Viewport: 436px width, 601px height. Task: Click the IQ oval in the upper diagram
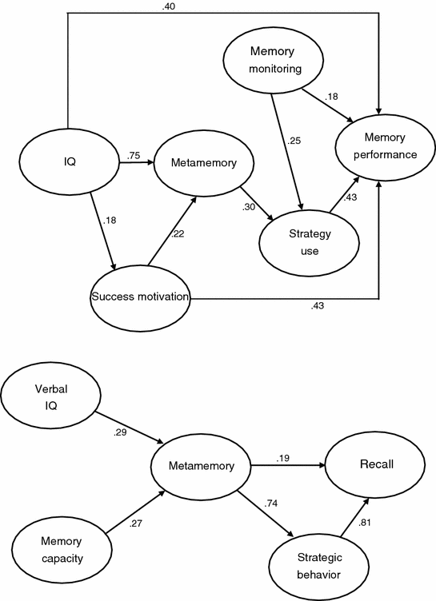70,162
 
